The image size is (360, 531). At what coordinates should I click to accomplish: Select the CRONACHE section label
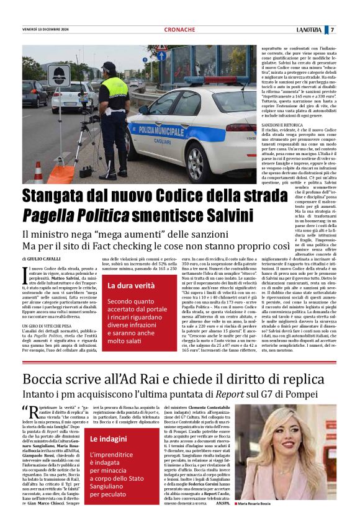(179, 30)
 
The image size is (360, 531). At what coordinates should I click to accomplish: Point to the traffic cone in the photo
(38, 172)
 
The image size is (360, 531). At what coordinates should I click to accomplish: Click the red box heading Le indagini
(109, 439)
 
